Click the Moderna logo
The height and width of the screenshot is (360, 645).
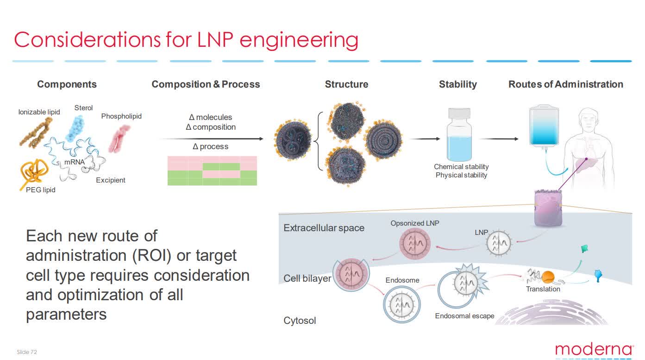(594, 349)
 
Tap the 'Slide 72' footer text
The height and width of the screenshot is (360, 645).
(27, 352)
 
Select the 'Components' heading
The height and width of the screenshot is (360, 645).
(67, 84)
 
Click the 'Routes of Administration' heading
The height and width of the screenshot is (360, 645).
(565, 84)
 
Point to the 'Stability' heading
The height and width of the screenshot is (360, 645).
(457, 84)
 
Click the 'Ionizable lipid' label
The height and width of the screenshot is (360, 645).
(39, 112)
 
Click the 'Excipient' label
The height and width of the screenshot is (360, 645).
(110, 180)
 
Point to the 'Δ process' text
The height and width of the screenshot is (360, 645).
(211, 146)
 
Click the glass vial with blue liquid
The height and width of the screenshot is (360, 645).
(458, 135)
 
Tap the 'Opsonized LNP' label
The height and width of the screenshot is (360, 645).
(414, 223)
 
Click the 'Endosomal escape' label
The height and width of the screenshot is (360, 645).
(464, 316)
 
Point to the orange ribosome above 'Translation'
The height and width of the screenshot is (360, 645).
(548, 277)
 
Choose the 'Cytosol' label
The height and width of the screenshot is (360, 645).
(300, 321)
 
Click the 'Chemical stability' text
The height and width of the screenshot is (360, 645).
(461, 167)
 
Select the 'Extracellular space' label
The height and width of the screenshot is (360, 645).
(324, 228)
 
